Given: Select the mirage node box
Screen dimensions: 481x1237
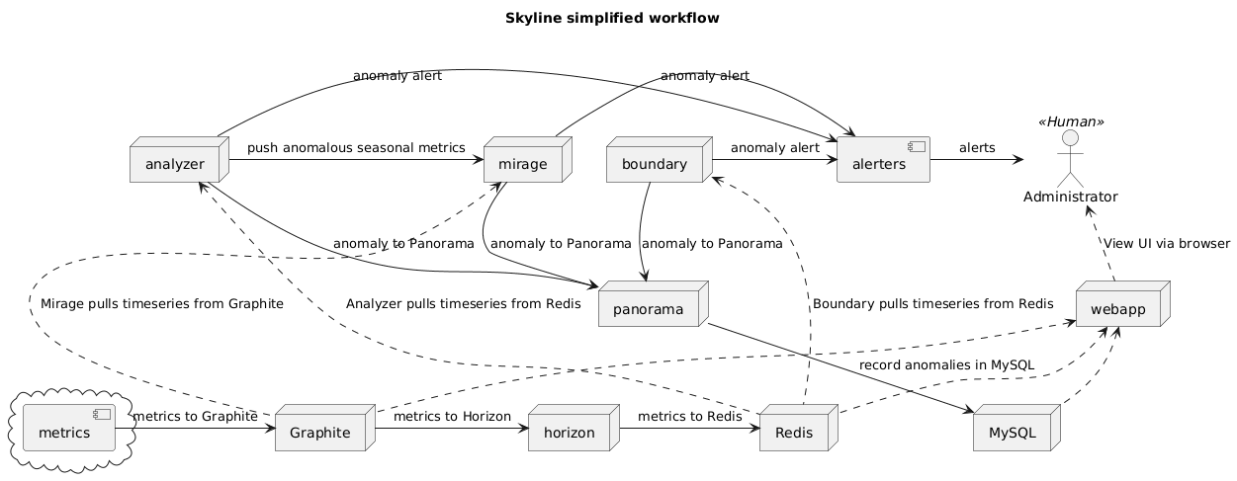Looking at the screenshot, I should pyautogui.click(x=522, y=163).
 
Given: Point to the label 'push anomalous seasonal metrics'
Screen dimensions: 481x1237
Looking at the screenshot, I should pyautogui.click(x=356, y=148).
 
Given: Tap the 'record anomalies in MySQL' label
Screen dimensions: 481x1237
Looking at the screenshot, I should pyautogui.click(x=947, y=365).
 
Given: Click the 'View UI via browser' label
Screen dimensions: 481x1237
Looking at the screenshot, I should pyautogui.click(x=1167, y=243).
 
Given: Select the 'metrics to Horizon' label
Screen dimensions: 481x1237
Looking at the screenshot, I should pyautogui.click(x=452, y=417).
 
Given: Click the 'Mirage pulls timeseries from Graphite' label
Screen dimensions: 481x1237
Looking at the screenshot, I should pyautogui.click(x=163, y=304).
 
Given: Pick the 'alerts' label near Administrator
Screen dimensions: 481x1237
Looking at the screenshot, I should pyautogui.click(x=977, y=148).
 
